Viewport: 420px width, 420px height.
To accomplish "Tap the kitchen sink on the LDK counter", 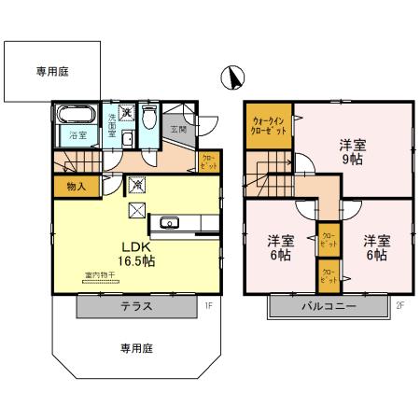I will pyautogui.click(x=169, y=222).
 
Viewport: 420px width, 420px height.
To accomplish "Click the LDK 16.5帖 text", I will pyautogui.click(x=135, y=254).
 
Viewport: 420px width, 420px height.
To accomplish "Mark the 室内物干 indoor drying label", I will pyautogui.click(x=98, y=275).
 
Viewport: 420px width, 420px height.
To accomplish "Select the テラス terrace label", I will pyautogui.click(x=136, y=306).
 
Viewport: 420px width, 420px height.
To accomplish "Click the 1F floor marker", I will pyautogui.click(x=210, y=304).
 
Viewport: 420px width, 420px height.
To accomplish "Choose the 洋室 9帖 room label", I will pyautogui.click(x=351, y=150).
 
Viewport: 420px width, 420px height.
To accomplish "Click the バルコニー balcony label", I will pyautogui.click(x=328, y=306).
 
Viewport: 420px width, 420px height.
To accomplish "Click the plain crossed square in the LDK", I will pyautogui.click(x=134, y=210).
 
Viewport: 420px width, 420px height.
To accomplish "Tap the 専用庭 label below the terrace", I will pyautogui.click(x=135, y=347).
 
